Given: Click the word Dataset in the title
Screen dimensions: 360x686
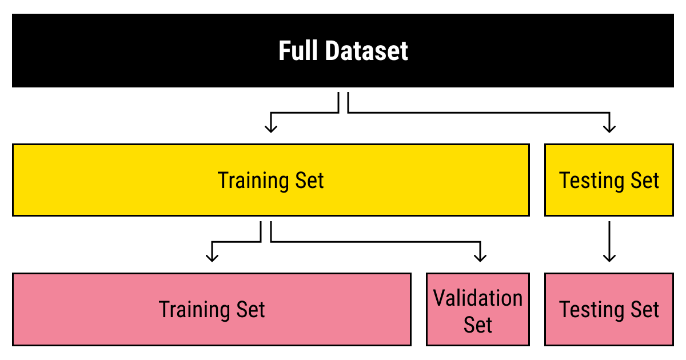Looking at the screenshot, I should coord(366,51).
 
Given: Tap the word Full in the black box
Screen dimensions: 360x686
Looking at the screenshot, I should coord(298,51).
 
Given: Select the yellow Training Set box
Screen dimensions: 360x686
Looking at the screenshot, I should coord(143,180).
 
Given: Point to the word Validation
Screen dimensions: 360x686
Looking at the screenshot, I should coord(478,298).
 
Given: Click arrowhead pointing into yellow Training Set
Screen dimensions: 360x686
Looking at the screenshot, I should coord(271,127).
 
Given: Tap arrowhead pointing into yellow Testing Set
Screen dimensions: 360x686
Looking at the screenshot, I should coord(609,127).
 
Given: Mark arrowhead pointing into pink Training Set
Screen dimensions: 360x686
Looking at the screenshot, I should coord(212,257).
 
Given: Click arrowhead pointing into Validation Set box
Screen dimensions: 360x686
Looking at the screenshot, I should coord(481,257).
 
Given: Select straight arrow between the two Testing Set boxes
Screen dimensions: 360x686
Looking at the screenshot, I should coord(609,240).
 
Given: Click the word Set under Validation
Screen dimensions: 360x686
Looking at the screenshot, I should coord(478,325).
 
